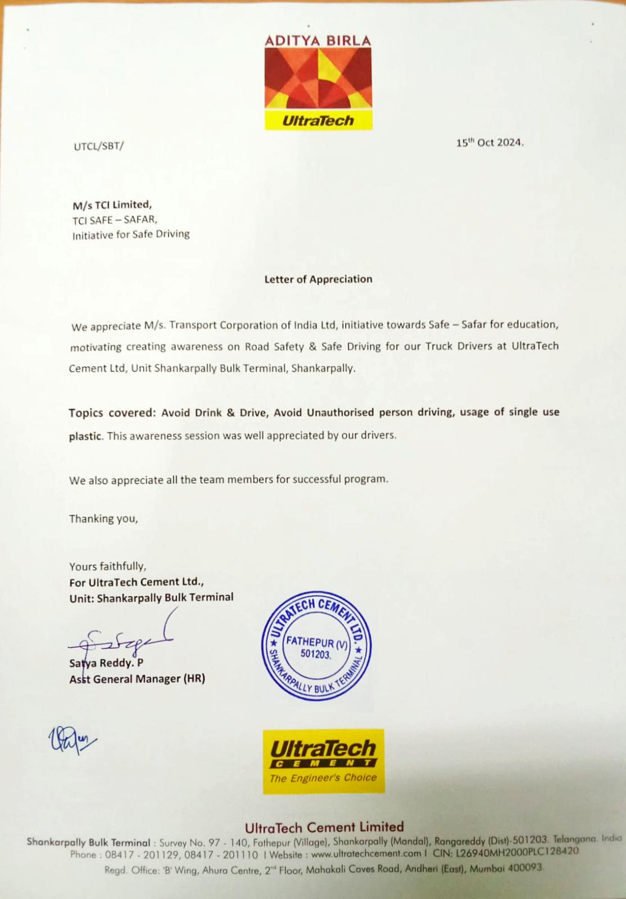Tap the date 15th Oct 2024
click(x=489, y=143)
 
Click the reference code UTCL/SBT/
click(x=99, y=146)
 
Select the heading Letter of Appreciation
click(x=318, y=279)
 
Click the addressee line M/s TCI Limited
click(x=112, y=205)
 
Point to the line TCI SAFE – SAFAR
click(x=115, y=220)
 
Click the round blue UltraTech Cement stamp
click(x=316, y=646)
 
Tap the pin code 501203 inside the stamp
click(x=316, y=654)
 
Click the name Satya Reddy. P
click(x=106, y=663)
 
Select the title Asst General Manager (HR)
click(x=137, y=679)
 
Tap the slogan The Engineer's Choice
click(x=323, y=778)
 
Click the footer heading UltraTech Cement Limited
click(x=324, y=827)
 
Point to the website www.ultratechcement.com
click(x=366, y=853)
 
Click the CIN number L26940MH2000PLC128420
click(x=517, y=852)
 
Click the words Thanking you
click(x=103, y=519)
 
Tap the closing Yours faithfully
click(x=107, y=566)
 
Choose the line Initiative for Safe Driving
click(x=131, y=234)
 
